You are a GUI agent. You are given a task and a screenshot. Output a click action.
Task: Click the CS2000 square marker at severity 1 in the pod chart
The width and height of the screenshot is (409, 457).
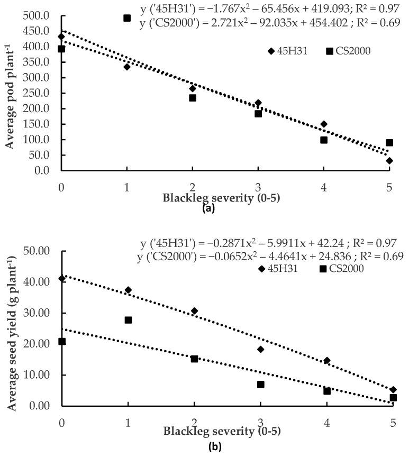coord(127,18)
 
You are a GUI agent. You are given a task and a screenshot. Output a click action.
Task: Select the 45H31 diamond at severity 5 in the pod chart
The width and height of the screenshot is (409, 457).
coord(389,161)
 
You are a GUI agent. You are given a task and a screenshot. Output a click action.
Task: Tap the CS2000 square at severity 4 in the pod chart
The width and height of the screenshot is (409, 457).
coord(324,140)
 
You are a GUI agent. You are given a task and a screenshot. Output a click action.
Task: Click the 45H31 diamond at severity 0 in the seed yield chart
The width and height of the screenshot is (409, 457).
coord(62,278)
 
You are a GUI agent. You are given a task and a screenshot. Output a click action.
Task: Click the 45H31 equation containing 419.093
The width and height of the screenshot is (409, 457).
coord(269,11)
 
